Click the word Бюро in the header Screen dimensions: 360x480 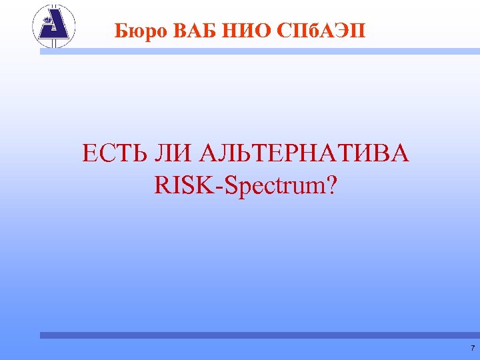(139, 30)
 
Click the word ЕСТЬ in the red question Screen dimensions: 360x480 (112, 155)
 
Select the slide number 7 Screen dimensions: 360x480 (472, 349)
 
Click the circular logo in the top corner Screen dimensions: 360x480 (54, 27)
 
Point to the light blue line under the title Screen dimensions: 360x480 (260, 51)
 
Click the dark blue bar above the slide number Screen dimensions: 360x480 (260, 335)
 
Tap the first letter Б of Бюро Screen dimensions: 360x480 (120, 30)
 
